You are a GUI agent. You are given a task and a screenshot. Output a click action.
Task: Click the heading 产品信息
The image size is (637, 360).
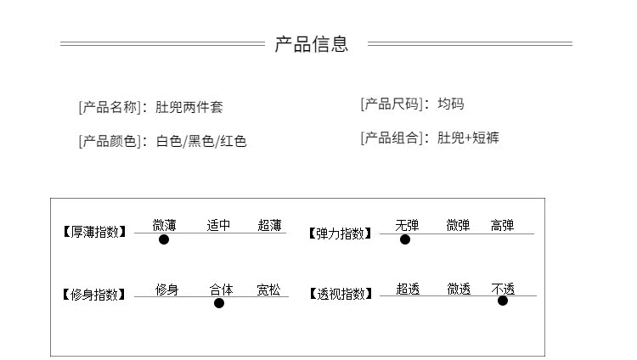[x=311, y=44]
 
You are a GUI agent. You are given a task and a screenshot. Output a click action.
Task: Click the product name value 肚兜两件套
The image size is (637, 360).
[x=189, y=108]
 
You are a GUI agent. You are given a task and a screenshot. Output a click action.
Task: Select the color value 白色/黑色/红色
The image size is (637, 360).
[x=201, y=142]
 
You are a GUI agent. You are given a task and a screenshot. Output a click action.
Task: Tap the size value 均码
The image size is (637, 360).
[x=451, y=104]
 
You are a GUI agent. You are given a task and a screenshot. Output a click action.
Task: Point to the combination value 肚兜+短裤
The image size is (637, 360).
[x=468, y=138]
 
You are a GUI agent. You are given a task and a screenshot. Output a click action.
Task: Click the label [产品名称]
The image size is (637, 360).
[x=113, y=108]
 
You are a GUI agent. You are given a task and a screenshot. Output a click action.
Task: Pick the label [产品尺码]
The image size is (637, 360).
[x=395, y=104]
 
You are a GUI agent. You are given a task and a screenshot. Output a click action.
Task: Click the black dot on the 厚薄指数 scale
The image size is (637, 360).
[x=164, y=239]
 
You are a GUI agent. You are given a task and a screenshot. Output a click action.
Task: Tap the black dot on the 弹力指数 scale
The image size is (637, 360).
[x=405, y=239]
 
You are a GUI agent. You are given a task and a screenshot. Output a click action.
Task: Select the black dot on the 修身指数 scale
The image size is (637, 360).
[x=219, y=303]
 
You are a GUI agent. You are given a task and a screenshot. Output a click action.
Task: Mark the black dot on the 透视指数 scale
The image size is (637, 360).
[x=503, y=301]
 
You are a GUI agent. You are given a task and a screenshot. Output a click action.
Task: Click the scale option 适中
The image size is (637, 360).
[x=218, y=225]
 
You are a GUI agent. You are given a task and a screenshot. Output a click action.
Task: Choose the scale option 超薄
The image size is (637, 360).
[x=270, y=225]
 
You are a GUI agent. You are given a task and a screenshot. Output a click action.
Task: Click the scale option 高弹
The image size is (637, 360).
[x=502, y=225]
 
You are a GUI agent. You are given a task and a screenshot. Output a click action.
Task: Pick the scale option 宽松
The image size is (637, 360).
[x=269, y=290]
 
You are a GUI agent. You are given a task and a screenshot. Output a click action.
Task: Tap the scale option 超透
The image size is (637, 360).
[x=408, y=290]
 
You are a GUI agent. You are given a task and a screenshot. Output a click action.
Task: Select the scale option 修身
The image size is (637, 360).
[x=166, y=290]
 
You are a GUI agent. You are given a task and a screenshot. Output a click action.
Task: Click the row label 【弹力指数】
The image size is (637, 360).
[x=340, y=233]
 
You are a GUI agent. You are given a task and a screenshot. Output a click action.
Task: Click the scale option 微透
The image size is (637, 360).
[x=459, y=290]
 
